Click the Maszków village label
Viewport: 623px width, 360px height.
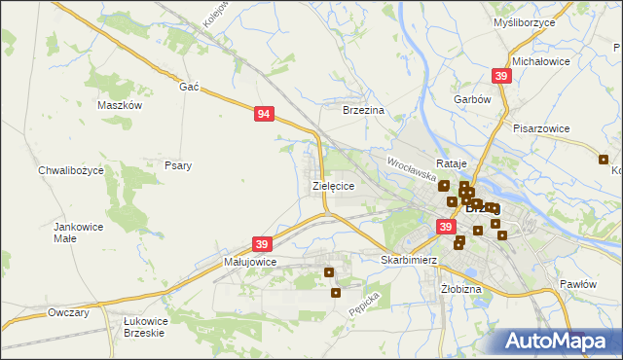pos(121,105)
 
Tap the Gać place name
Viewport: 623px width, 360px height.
pos(189,87)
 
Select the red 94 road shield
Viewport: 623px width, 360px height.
pos(264,114)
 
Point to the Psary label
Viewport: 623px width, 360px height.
pos(178,165)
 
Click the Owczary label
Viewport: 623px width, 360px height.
pos(68,312)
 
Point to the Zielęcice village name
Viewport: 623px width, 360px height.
pos(333,184)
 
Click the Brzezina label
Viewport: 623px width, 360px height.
pos(364,111)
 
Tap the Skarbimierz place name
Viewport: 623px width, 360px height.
pos(407,261)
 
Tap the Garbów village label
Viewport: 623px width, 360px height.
pos(471,99)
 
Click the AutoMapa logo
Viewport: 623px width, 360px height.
pos(556,341)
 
